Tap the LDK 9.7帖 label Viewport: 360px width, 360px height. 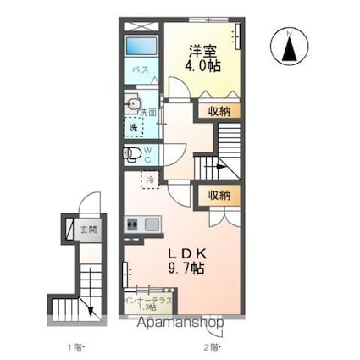[186, 260]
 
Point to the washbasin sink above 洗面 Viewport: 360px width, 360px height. [131, 103]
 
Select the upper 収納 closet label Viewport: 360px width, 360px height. [219, 110]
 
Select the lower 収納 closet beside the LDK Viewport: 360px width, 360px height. [219, 195]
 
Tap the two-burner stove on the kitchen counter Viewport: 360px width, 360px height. [133, 225]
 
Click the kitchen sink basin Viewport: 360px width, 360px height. [152, 225]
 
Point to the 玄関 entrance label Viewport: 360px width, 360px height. [89, 229]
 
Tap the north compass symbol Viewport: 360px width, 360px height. [290, 46]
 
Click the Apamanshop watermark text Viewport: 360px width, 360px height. [182, 323]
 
